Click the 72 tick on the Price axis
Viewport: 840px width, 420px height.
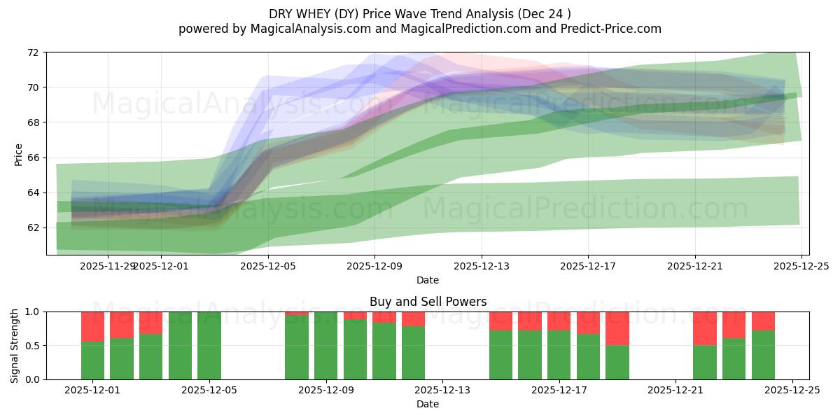32,52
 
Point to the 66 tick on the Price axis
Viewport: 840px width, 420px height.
32,157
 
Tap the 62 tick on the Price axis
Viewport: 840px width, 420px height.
32,227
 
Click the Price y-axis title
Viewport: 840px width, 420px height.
18,154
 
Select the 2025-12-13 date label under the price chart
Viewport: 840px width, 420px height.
481,266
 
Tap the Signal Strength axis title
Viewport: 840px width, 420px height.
15,345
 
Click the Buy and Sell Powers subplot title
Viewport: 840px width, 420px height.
428,302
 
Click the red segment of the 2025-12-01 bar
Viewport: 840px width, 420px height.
92,326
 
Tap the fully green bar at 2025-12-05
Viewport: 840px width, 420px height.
209,346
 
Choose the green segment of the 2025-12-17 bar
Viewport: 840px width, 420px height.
559,355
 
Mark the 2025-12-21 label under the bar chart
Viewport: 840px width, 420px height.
675,391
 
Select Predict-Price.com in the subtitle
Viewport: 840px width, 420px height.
614,29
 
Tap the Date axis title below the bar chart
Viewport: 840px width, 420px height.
428,404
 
